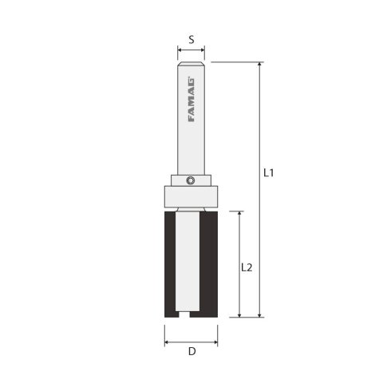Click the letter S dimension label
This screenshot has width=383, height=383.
tap(191, 38)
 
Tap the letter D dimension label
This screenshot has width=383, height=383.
tap(191, 352)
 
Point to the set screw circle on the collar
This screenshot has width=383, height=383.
tap(190, 180)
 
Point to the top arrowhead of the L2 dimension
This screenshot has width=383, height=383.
tap(239, 215)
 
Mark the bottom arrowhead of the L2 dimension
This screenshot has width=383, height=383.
tap(239, 315)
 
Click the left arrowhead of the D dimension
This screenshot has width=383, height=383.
tap(167, 342)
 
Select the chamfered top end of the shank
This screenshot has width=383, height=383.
tap(191, 64)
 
